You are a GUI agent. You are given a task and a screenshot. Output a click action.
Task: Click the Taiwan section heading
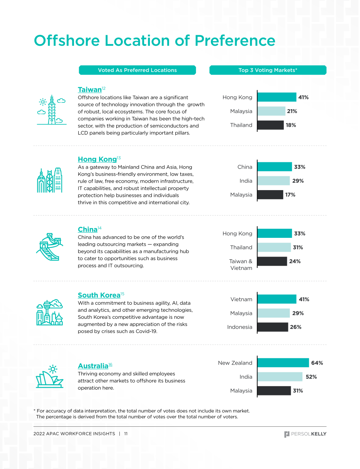point(90,90)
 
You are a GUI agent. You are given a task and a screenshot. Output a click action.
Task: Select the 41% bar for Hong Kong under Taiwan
point(277,97)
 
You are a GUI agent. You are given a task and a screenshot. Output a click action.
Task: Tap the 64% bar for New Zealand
point(283,363)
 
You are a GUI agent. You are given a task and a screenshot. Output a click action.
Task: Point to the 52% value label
point(311,377)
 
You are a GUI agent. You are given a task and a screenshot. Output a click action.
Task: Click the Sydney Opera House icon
point(50,376)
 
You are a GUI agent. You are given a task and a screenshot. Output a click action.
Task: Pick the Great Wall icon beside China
point(50,247)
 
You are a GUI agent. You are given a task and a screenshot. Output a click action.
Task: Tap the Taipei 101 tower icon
point(52,110)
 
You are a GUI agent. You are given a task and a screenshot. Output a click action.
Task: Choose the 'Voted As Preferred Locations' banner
point(137,70)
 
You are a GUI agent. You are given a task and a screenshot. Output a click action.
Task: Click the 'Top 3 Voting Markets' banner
point(268,70)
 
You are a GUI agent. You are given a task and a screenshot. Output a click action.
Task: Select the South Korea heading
point(99,295)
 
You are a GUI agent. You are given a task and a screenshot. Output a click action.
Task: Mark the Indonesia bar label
point(240,327)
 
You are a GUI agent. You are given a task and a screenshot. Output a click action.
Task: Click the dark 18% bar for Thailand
point(270,125)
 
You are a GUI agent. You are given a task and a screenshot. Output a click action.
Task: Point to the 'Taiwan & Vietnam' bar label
point(241,265)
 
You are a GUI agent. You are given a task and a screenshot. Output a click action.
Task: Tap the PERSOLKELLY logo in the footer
point(305,434)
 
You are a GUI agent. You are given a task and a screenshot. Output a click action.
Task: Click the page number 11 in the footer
point(126,434)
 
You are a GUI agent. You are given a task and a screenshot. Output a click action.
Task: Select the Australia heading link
point(93,366)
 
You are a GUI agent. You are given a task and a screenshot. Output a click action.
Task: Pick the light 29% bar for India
point(274,181)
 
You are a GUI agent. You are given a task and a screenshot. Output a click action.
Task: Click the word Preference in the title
point(235,41)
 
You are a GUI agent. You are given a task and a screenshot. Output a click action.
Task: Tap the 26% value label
point(296,327)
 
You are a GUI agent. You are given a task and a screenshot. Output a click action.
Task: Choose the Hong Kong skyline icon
point(50,180)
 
